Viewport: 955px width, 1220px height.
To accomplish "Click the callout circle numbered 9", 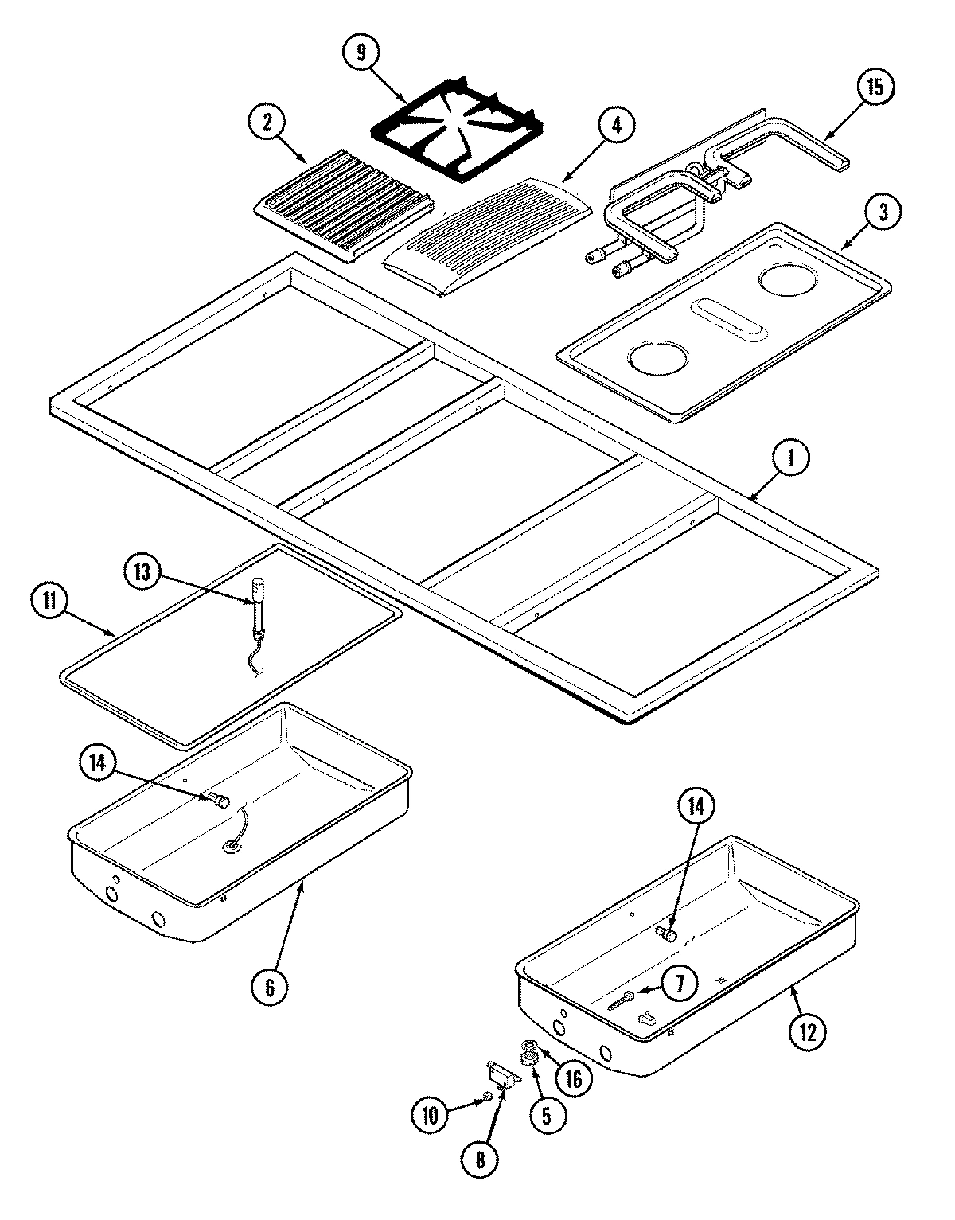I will (x=363, y=53).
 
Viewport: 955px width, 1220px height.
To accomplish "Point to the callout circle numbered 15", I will (x=875, y=88).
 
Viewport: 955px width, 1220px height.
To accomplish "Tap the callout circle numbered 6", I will (x=269, y=988).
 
